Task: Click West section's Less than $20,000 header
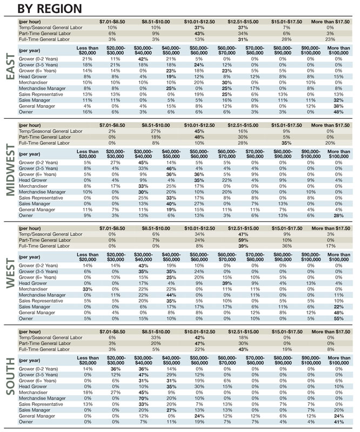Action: point(88,257)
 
